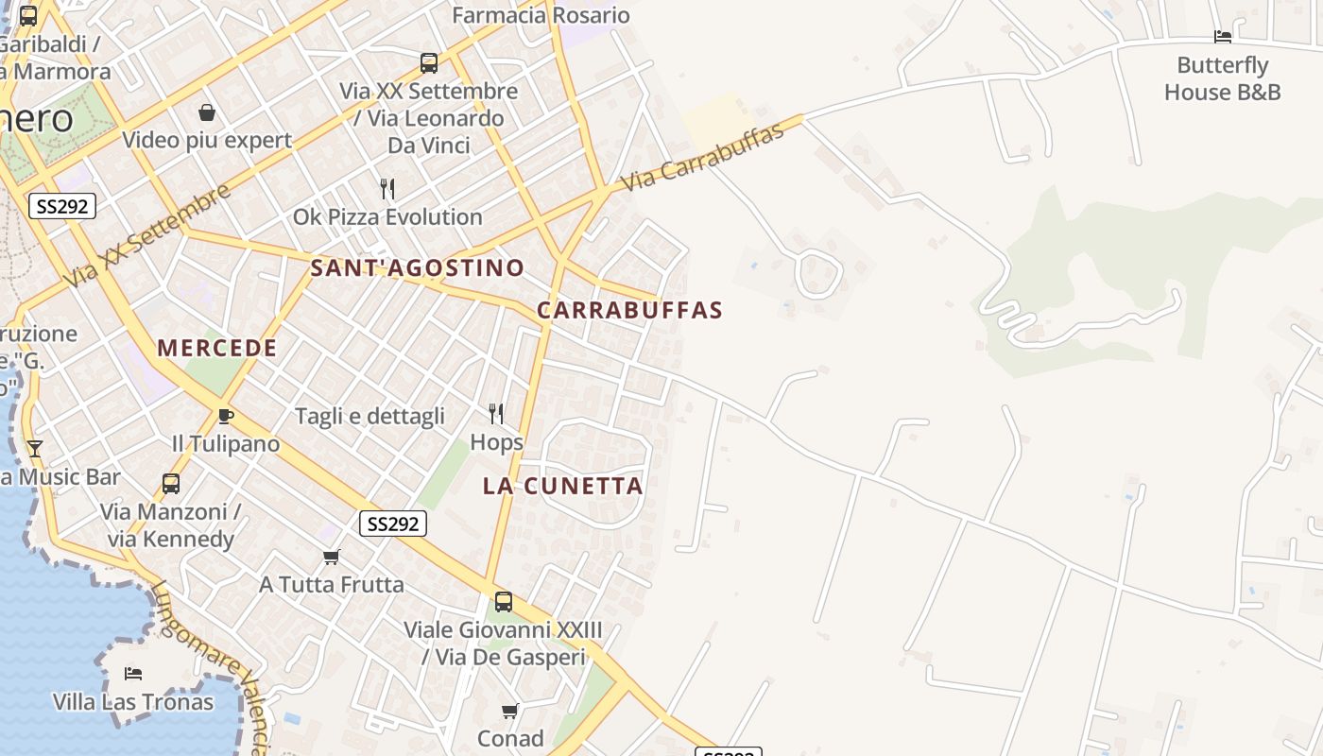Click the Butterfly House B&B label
tap(1222, 78)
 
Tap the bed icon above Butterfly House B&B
tap(1223, 37)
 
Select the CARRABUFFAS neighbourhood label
tap(629, 310)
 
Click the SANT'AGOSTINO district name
tap(417, 267)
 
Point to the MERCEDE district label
tap(217, 348)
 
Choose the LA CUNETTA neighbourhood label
tap(562, 486)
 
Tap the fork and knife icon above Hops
tap(496, 413)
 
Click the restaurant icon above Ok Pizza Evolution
tap(387, 188)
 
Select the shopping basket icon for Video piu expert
tap(207, 113)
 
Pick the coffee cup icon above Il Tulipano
tap(225, 416)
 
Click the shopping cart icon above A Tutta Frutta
tap(331, 557)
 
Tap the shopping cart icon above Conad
tap(510, 711)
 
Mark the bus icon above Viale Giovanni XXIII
tap(504, 602)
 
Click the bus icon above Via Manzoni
tap(171, 484)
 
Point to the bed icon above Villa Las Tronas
tap(133, 674)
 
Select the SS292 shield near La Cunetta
tap(393, 524)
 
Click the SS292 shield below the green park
tap(62, 206)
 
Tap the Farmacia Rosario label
tap(541, 15)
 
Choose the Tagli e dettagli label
tap(369, 416)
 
